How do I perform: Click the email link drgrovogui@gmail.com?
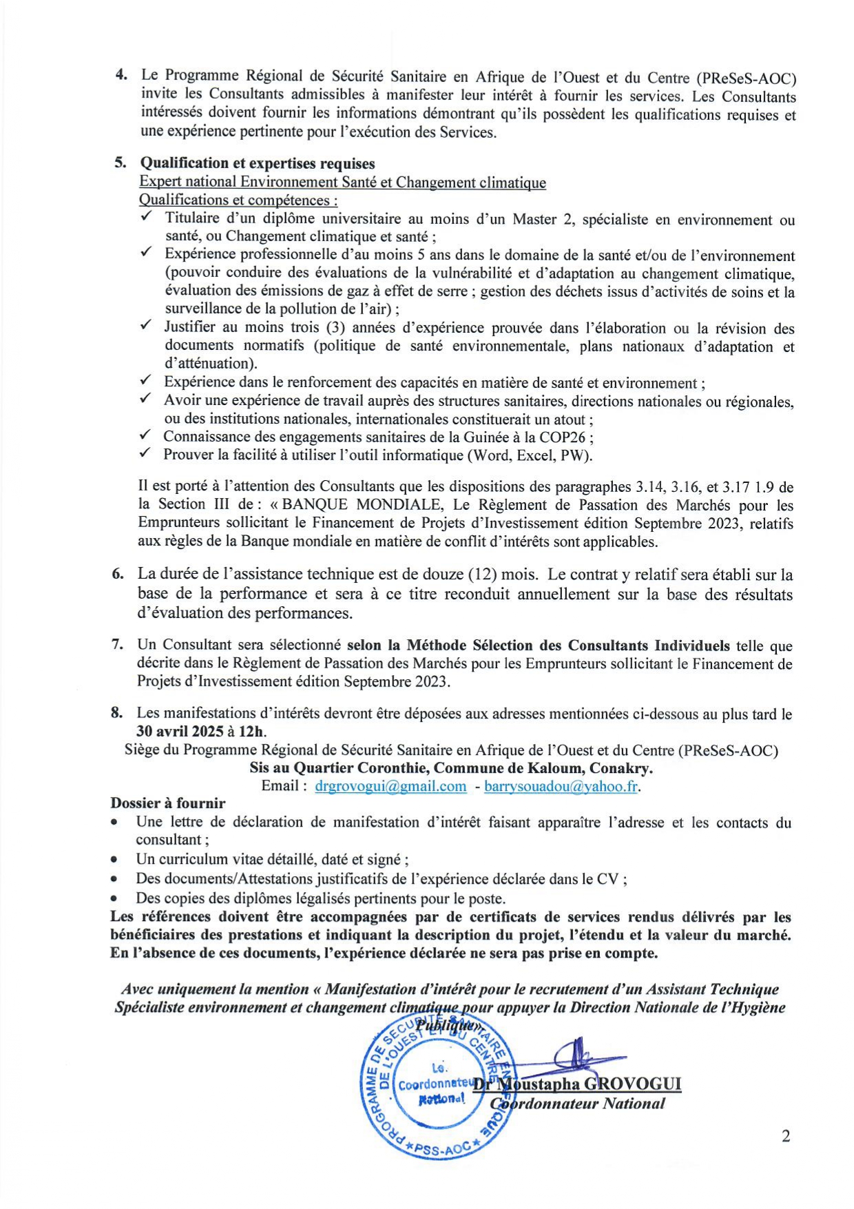click(x=390, y=786)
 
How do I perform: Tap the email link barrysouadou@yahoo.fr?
click(x=561, y=786)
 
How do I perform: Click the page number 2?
click(x=786, y=1136)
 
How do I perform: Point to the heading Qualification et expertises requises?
click(x=258, y=163)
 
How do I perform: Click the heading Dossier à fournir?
click(x=168, y=803)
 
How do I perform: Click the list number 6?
click(x=117, y=574)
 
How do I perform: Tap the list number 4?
click(x=121, y=75)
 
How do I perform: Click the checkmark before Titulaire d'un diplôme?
click(x=146, y=218)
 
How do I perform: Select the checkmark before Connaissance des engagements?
click(x=145, y=436)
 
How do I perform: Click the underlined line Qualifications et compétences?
click(x=238, y=200)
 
